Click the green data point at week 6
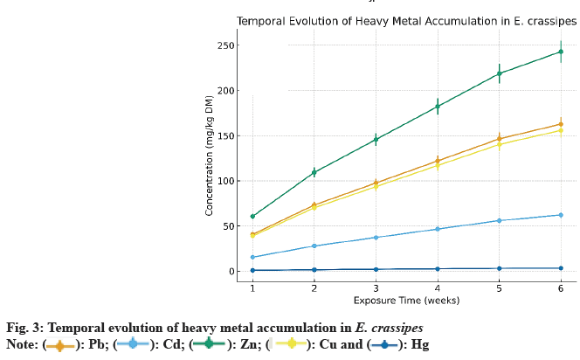(x=561, y=52)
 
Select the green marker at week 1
(x=252, y=216)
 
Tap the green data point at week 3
(x=376, y=140)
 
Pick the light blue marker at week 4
(x=437, y=229)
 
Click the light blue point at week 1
(x=252, y=257)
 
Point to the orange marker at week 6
(x=561, y=124)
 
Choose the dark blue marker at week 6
(x=561, y=268)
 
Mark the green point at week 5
(x=499, y=73)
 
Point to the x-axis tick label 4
(x=437, y=288)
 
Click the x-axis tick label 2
(x=314, y=288)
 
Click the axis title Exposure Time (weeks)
(x=406, y=301)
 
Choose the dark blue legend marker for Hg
(x=383, y=344)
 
